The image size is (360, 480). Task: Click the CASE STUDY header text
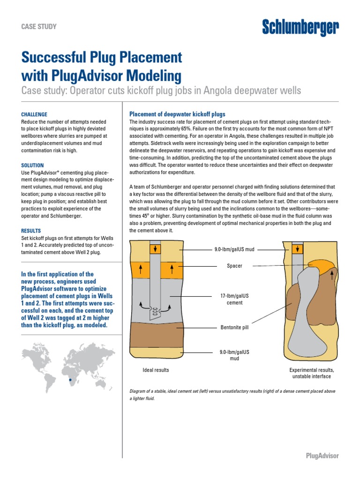point(39,27)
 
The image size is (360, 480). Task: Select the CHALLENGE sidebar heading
point(34,114)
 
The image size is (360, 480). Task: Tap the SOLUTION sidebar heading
point(33,165)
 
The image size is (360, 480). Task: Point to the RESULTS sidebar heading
point(31,231)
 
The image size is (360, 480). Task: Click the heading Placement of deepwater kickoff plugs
point(177,114)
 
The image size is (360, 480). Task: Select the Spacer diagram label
point(235,266)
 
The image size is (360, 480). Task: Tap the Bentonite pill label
point(235,327)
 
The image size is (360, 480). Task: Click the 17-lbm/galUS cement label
point(235,300)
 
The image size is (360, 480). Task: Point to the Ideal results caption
point(156,370)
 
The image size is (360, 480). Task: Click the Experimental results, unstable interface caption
point(311,373)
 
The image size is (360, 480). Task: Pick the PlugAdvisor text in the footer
point(322,456)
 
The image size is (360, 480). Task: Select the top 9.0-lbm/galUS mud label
point(234,249)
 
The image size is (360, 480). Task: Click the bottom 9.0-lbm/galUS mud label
point(235,355)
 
